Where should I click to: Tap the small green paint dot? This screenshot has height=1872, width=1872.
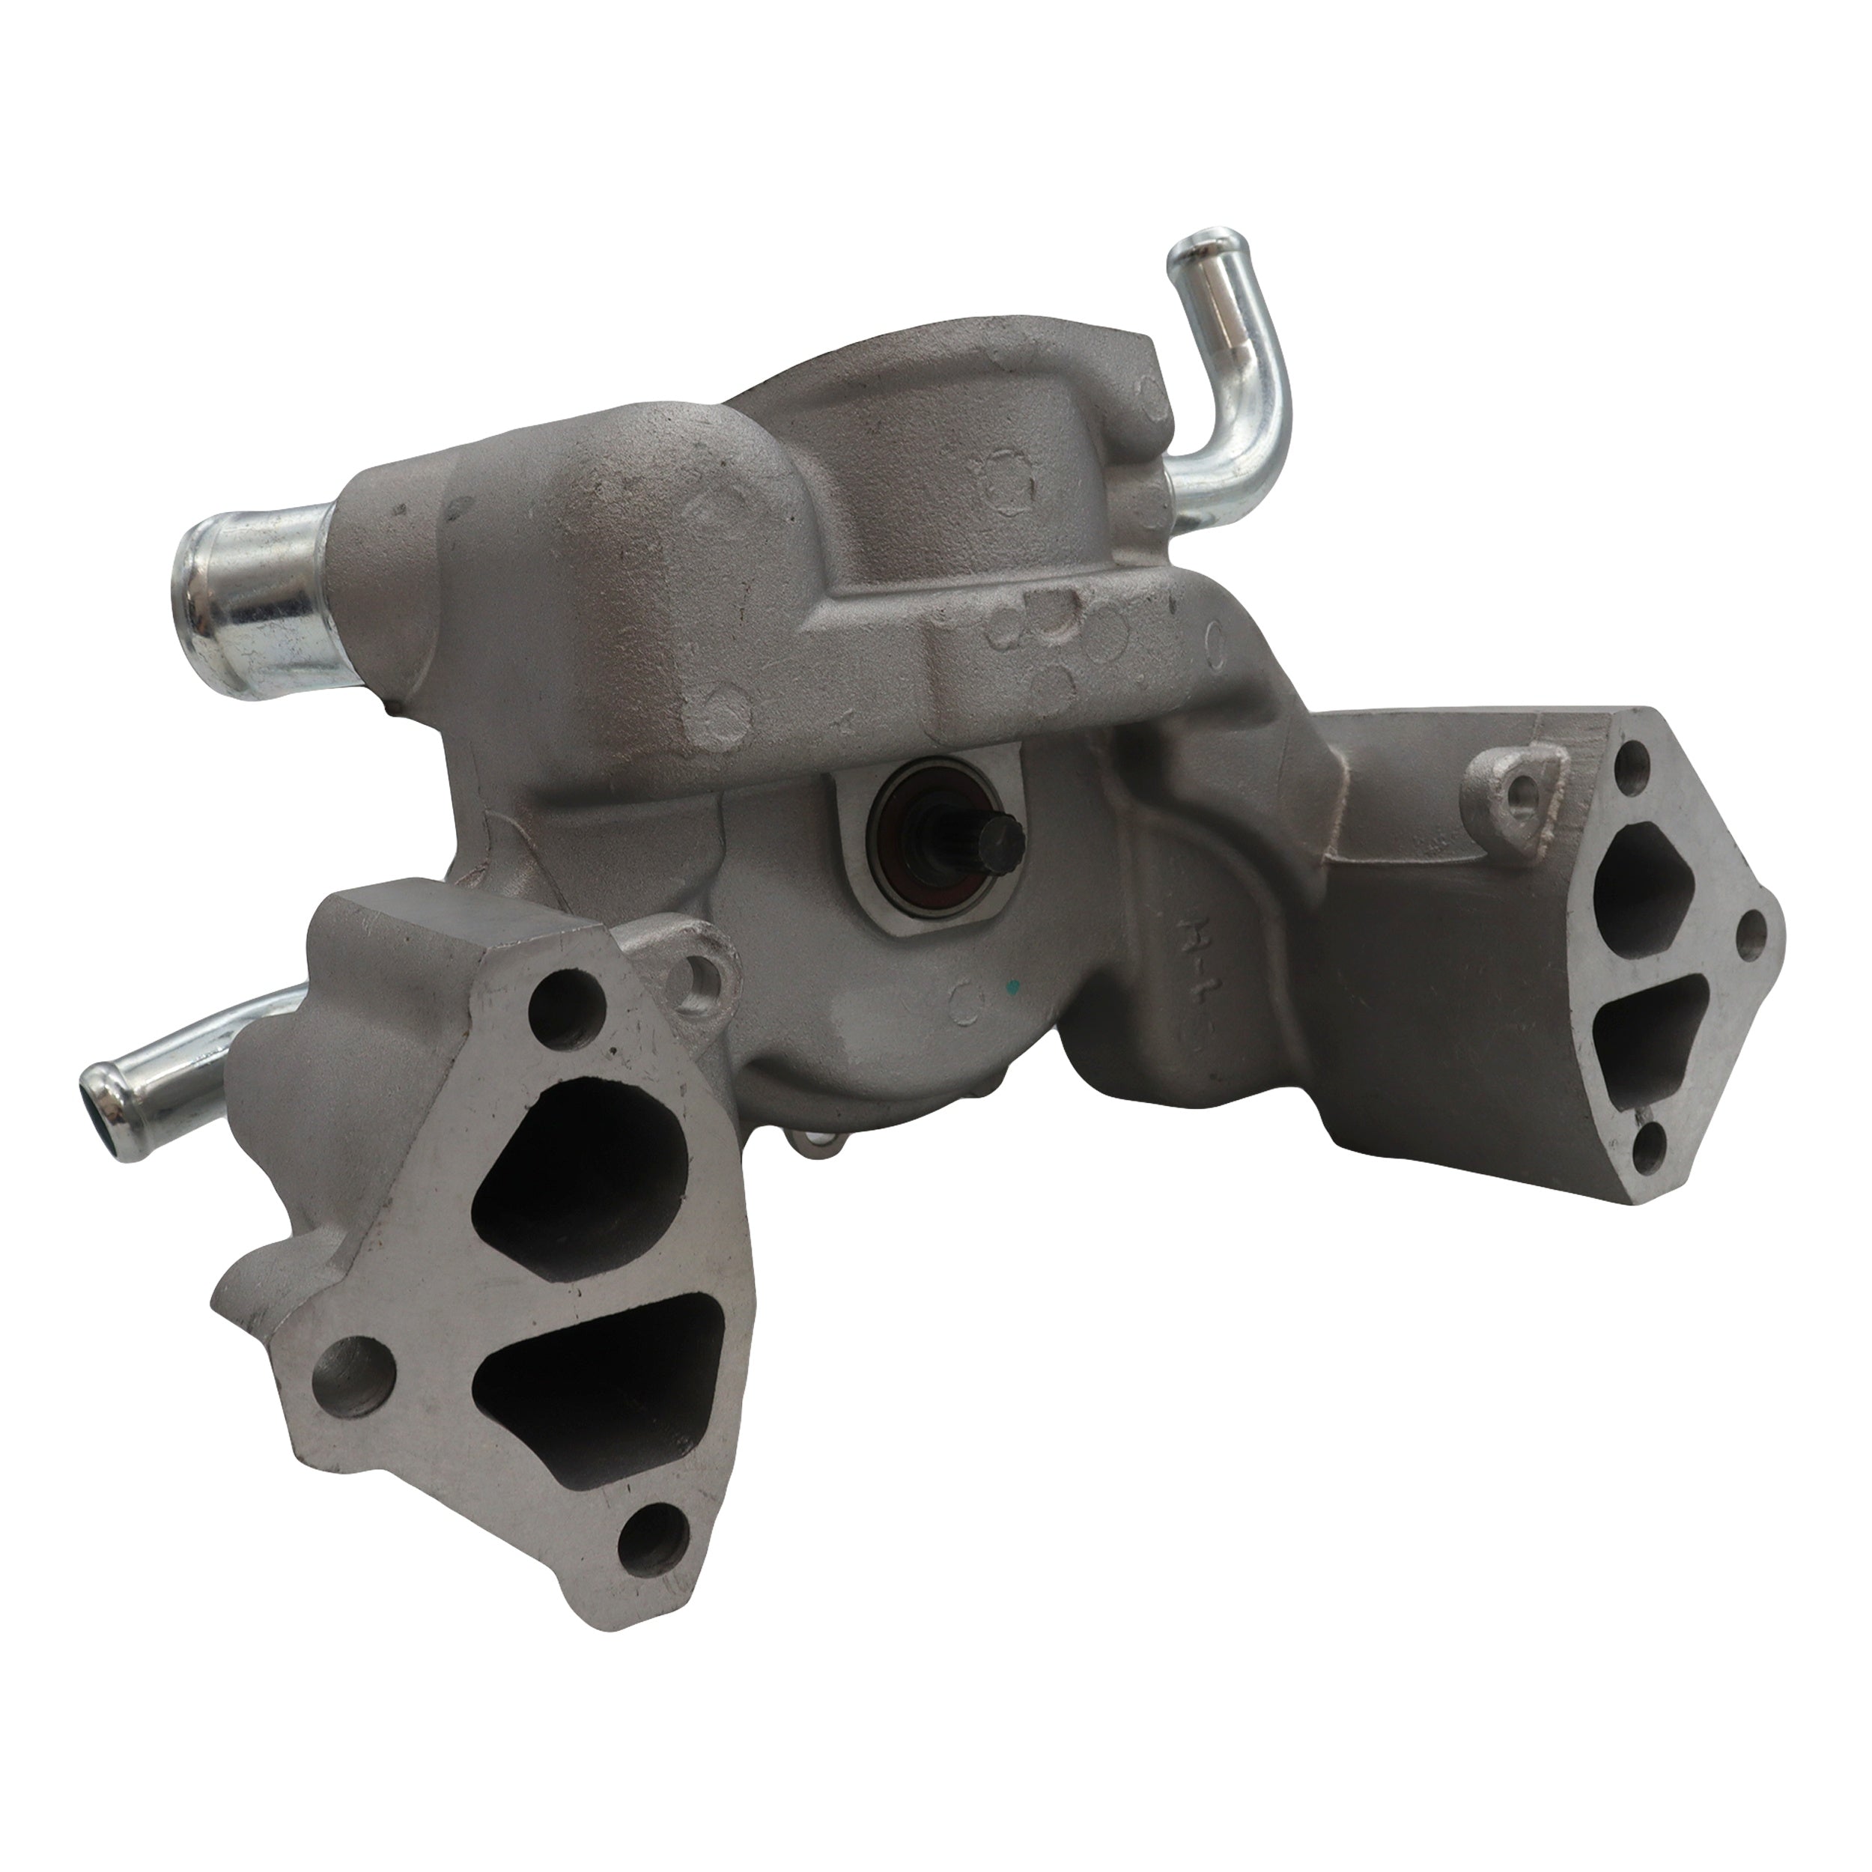coord(1012,989)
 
